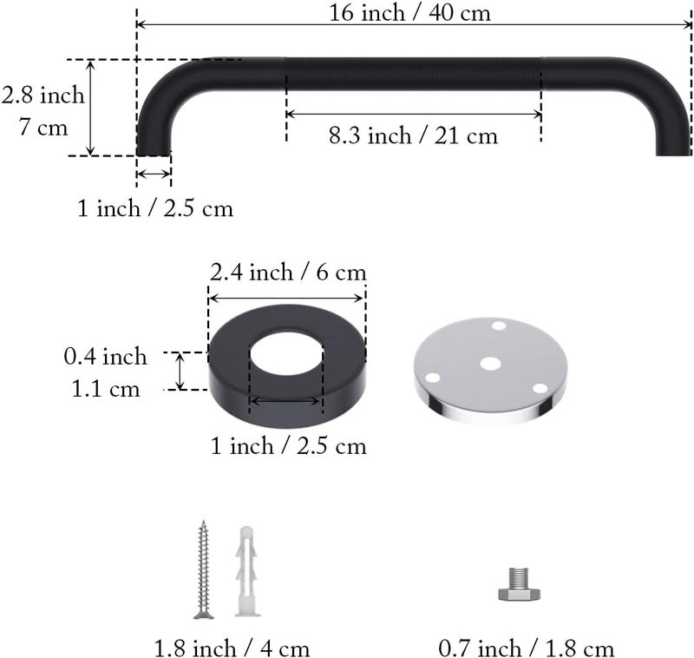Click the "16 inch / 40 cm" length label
tap(409, 12)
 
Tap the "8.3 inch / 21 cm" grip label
tap(414, 135)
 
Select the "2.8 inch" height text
tap(43, 95)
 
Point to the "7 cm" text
tap(43, 128)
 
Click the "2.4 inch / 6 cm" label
tap(288, 272)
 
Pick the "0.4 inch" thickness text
tap(105, 357)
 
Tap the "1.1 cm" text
tap(106, 389)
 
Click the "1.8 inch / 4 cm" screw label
tap(232, 648)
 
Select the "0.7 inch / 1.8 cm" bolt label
tap(527, 648)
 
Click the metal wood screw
tap(204, 569)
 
